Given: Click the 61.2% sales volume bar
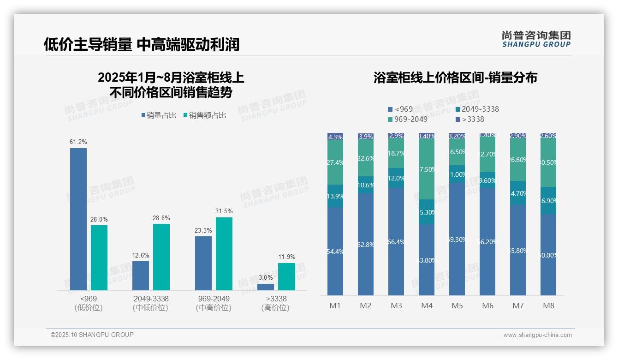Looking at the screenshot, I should (78, 219).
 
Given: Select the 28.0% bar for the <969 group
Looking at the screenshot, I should (99, 258).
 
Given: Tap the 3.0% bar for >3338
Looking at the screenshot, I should (266, 287).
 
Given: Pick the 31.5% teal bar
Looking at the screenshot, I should (224, 253).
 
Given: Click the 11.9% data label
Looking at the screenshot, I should (287, 257).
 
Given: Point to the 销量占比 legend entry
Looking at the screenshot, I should (159, 115).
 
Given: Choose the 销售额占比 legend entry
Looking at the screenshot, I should (205, 115).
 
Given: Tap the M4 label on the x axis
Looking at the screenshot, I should (427, 306).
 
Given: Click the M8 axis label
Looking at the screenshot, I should (548, 306).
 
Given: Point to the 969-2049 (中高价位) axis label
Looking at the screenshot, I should (213, 303).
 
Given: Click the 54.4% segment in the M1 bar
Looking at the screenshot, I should (335, 251).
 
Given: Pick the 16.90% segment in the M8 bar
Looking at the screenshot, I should (548, 201).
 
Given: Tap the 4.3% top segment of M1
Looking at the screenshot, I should (335, 137).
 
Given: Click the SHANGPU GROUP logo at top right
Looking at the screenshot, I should (536, 39).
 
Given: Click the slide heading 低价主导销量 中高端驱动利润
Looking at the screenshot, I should (142, 44).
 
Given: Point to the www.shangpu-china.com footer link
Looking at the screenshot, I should (537, 335).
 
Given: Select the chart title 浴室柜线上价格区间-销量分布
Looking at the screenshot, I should (455, 78).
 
